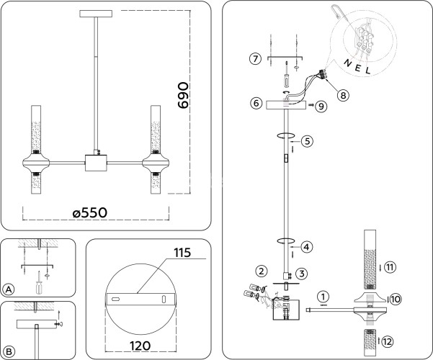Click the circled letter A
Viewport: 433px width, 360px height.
click(9, 289)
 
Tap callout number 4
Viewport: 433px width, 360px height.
click(306, 247)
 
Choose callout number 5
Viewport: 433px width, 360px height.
click(306, 141)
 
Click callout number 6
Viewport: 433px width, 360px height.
click(256, 103)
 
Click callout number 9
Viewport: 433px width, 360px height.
click(321, 106)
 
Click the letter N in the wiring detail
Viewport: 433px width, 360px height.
click(349, 63)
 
